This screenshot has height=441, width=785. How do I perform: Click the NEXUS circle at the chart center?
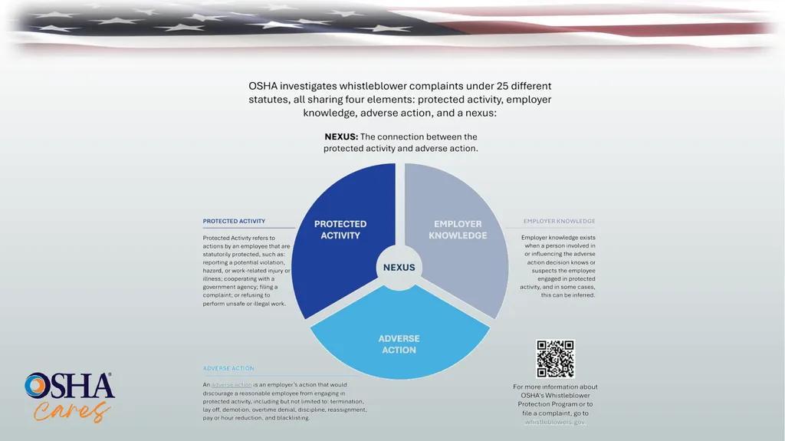(399, 268)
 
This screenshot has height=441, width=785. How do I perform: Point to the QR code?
(555, 359)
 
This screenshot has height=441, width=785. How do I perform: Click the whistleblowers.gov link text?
(555, 422)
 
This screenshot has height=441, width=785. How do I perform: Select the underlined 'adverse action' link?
(232, 385)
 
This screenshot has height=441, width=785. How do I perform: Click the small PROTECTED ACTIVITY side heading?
(234, 221)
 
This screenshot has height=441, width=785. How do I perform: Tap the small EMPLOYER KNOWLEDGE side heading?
(559, 221)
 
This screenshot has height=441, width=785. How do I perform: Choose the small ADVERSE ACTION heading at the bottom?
(228, 368)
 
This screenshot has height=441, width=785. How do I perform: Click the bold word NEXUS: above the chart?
(341, 137)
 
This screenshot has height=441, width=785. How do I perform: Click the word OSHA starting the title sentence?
(263, 86)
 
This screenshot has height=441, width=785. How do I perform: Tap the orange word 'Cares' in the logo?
(71, 411)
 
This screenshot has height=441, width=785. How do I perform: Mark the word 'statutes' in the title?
(268, 100)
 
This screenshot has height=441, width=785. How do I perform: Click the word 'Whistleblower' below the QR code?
(567, 396)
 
